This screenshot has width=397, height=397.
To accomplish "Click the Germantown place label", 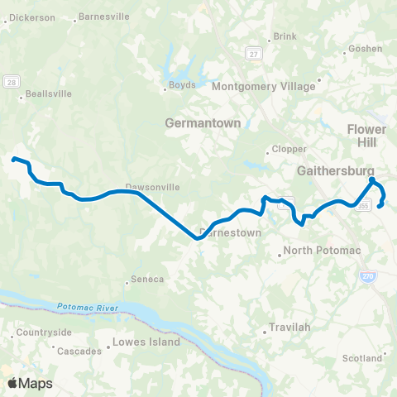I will [x=202, y=122].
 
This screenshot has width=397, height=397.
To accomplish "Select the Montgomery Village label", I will [x=265, y=86].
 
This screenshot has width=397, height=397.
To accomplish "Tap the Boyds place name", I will [x=182, y=84].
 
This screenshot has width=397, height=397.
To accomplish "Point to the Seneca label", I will [x=143, y=280].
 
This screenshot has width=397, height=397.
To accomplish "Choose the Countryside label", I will [x=42, y=332].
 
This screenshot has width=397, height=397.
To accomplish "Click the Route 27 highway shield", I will [x=253, y=53].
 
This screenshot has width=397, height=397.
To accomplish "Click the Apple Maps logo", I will [x=30, y=383].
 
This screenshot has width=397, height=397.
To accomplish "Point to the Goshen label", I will [x=366, y=49].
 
